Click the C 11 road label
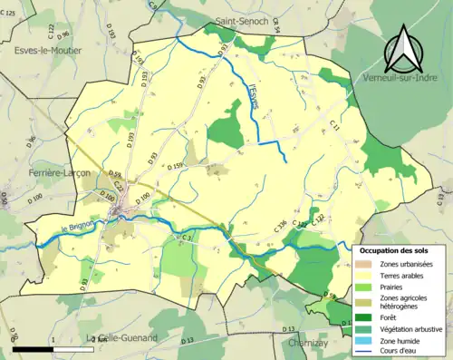point(335,129)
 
